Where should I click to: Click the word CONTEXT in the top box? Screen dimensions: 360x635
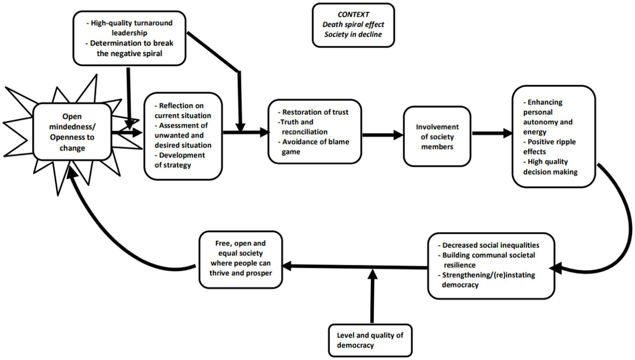pos(353,14)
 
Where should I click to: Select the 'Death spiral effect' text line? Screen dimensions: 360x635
pos(353,24)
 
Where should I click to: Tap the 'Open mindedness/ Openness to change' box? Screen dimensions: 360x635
pos(72,132)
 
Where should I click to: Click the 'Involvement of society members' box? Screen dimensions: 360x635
pos(437,137)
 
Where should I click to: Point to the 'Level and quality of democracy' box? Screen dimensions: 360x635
pos(370,340)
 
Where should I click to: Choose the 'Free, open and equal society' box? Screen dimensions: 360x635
pos(240,258)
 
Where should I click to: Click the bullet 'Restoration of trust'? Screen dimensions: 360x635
pos(314,112)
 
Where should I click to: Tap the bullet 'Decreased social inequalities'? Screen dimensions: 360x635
pos(490,245)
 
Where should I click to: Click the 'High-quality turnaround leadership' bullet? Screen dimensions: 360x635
pos(130,28)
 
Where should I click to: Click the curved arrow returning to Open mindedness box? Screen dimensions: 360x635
pos(108,232)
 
